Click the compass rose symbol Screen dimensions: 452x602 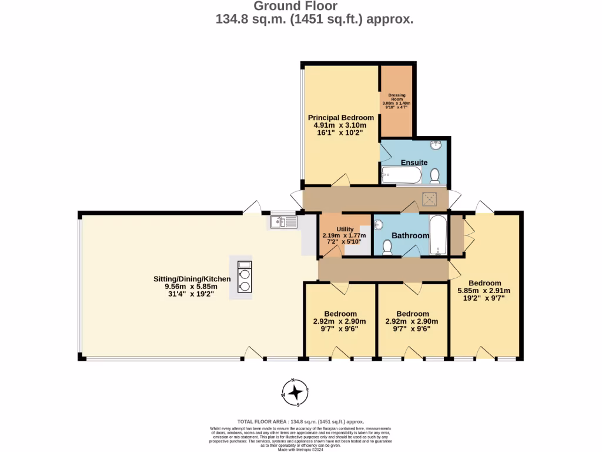click(296, 392)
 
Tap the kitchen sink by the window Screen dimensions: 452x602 click(285, 222)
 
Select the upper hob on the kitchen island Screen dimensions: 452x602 click(244, 274)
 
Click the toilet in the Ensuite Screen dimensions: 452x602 click(435, 175)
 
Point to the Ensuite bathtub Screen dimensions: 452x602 click(401, 175)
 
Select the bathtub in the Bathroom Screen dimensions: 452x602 click(438, 235)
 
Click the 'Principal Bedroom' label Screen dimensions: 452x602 click(341, 118)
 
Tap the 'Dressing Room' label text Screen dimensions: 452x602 click(397, 97)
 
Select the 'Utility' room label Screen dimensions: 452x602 click(345, 229)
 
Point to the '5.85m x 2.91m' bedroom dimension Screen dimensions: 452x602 click(484, 290)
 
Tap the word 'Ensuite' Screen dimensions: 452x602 click(414, 162)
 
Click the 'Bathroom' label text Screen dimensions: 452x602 click(410, 235)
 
